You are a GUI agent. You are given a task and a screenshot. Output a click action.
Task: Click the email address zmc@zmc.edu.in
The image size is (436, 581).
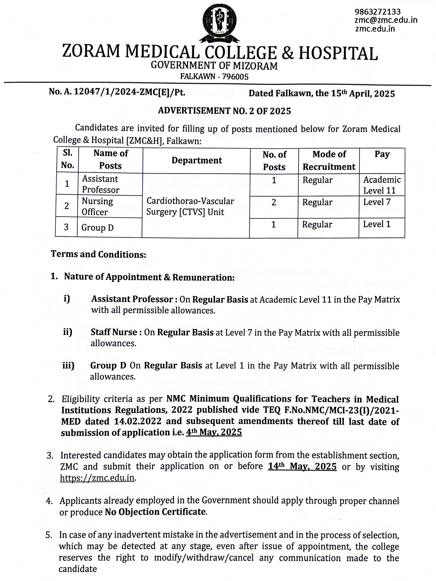pyautogui.click(x=386, y=20)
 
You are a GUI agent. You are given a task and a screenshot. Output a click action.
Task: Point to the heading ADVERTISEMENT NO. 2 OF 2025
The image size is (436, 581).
pyautogui.click(x=224, y=111)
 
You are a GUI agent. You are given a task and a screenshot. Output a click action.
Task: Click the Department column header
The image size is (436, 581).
pyautogui.click(x=197, y=160)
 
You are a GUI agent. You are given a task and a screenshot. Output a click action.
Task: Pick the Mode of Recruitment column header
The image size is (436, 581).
pyautogui.click(x=329, y=160)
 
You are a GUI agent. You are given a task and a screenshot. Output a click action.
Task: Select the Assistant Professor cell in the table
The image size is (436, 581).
pyautogui.click(x=100, y=184)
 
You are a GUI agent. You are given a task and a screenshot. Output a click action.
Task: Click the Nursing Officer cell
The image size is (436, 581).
pyautogui.click(x=97, y=207)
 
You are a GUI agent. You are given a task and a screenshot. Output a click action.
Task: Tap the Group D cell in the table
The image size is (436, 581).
pyautogui.click(x=97, y=228)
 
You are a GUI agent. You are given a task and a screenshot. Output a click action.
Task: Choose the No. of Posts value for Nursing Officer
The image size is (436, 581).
pyautogui.click(x=274, y=202)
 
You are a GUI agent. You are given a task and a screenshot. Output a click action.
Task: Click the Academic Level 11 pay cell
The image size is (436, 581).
pyautogui.click(x=382, y=185)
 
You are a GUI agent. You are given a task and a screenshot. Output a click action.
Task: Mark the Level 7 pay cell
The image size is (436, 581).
pyautogui.click(x=377, y=202)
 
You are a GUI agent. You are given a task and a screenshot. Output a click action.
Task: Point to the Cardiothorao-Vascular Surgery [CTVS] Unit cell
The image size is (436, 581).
pyautogui.click(x=190, y=207)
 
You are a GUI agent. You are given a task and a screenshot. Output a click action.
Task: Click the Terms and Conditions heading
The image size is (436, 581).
pyautogui.click(x=98, y=254)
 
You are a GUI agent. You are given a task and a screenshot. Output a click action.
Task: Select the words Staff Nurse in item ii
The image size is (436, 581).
pyautogui.click(x=114, y=332)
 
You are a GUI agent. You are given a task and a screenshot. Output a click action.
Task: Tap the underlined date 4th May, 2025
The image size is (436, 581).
pyautogui.click(x=214, y=432)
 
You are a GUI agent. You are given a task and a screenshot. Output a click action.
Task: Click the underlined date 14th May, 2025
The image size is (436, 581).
pyautogui.click(x=302, y=466)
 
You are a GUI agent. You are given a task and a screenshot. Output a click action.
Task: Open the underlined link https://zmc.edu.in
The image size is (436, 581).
pyautogui.click(x=97, y=477)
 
